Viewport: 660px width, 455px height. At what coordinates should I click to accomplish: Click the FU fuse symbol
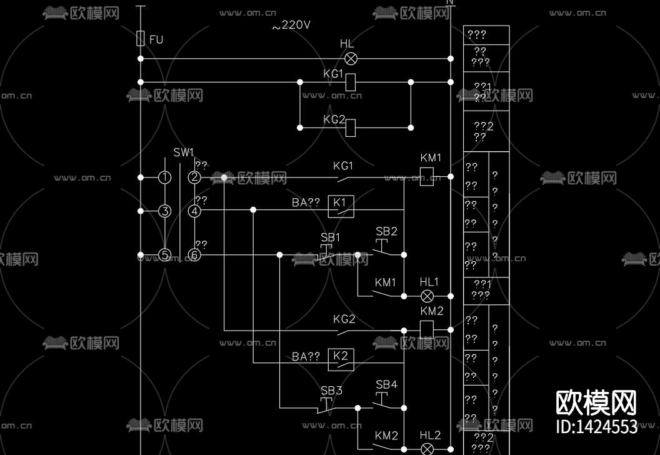point(141,39)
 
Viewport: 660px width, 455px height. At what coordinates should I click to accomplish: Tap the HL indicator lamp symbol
point(351,58)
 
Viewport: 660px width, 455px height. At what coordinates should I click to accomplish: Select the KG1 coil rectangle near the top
point(351,82)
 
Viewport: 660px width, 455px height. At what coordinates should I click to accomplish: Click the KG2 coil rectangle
point(351,127)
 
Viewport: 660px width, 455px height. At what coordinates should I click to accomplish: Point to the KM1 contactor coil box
point(427,177)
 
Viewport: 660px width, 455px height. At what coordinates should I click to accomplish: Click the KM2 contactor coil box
point(427,329)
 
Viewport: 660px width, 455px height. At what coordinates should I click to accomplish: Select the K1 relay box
point(341,206)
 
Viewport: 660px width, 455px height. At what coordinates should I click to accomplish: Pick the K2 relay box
point(341,359)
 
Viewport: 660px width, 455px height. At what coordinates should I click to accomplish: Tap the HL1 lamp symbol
point(428,295)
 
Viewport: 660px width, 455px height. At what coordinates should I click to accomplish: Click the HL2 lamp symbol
point(428,448)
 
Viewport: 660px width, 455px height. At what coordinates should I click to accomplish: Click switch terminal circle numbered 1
point(164,177)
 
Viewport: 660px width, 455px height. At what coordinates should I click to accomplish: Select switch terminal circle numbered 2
point(194,177)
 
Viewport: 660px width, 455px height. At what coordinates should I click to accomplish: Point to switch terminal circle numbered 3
point(164,211)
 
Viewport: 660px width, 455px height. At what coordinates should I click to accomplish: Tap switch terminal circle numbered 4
point(194,211)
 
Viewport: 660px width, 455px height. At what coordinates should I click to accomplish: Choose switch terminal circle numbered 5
point(164,254)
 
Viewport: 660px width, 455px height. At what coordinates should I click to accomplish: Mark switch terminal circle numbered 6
point(194,254)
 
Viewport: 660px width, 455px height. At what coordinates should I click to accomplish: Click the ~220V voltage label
point(291,26)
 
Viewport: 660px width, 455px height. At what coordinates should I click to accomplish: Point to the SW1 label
point(184,152)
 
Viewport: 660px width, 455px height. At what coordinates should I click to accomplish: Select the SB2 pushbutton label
point(386,231)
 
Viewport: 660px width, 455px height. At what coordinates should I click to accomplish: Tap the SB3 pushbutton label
point(331,391)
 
